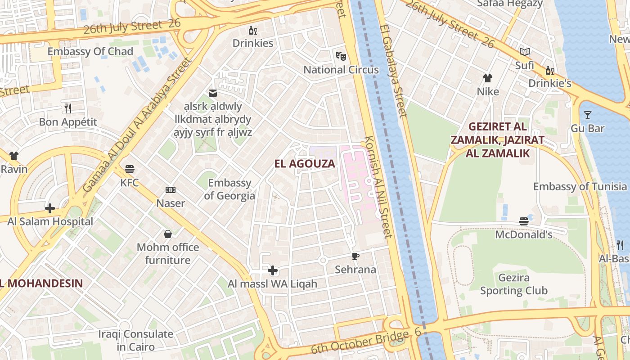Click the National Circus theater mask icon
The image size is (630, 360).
[x=341, y=56]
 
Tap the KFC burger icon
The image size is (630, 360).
[x=130, y=169]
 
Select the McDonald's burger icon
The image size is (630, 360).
[x=523, y=221]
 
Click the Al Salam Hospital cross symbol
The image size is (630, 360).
[x=50, y=208]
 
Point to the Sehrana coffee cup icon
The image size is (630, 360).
[x=355, y=256]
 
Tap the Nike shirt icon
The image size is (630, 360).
[x=488, y=78]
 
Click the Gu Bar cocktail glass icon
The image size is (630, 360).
[x=587, y=115]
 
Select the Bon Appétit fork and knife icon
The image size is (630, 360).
[x=68, y=108]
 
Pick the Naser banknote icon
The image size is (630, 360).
[x=171, y=190]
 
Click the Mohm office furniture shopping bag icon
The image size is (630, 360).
[x=168, y=234]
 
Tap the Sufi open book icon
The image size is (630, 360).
[x=525, y=52]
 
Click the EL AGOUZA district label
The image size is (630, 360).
[x=305, y=164]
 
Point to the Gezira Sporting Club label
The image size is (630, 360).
[x=513, y=284]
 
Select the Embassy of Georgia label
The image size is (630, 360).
[x=229, y=189]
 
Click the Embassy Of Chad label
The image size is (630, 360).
[x=90, y=51]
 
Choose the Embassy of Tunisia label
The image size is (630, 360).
[x=580, y=186]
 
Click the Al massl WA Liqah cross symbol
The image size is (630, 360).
[x=273, y=270]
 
